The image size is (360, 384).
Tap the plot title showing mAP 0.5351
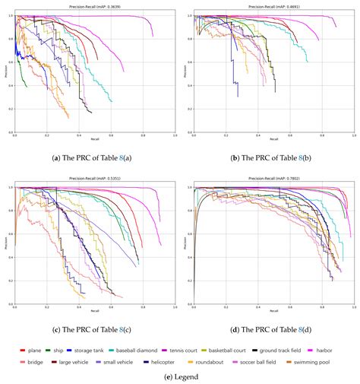pos(94,180)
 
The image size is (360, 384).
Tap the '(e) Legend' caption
pos(180,375)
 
